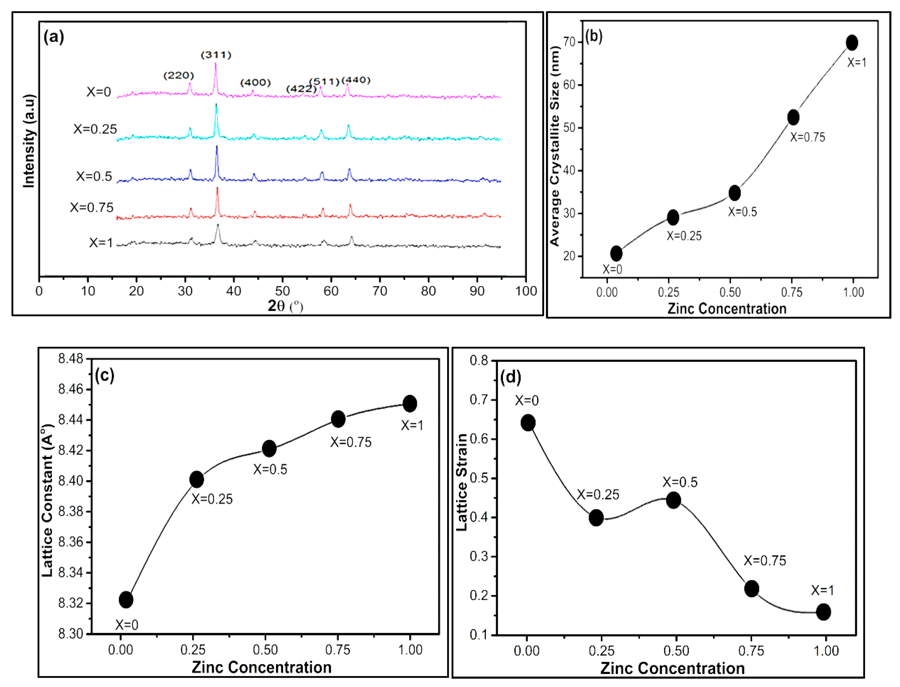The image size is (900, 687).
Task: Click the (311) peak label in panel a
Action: (x=216, y=55)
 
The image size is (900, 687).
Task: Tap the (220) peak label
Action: (x=178, y=75)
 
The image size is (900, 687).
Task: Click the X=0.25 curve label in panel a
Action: (x=95, y=129)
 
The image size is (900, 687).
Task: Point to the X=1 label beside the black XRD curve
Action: (x=101, y=243)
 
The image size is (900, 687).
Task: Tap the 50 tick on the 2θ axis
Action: (x=282, y=291)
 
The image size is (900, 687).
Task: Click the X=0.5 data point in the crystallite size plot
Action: (x=734, y=193)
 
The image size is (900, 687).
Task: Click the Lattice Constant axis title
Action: (x=47, y=501)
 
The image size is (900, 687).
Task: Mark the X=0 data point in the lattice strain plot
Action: (x=528, y=422)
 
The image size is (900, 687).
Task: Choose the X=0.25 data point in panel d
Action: (x=596, y=518)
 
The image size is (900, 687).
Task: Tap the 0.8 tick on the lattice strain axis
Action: (x=479, y=360)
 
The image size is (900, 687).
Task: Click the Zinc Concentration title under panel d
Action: (x=672, y=668)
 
